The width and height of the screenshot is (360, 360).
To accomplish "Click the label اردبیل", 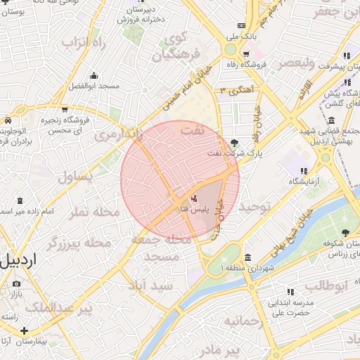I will tap(22, 262).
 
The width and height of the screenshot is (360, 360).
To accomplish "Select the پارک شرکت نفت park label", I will tap(225, 153).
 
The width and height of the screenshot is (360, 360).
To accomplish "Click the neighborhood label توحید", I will tap(254, 207).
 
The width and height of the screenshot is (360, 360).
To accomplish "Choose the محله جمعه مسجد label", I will tap(161, 247).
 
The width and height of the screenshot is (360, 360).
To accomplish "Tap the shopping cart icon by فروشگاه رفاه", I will tap(246, 54).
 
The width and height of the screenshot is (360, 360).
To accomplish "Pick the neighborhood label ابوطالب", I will tap(326, 285).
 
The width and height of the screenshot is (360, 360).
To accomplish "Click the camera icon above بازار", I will tap(16, 283).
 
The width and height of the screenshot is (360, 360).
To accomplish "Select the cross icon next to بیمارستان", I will tap(24, 330).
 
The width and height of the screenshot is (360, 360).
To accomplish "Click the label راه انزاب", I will tap(83, 42).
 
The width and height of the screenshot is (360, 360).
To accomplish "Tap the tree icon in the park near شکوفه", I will tap(345, 233).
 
